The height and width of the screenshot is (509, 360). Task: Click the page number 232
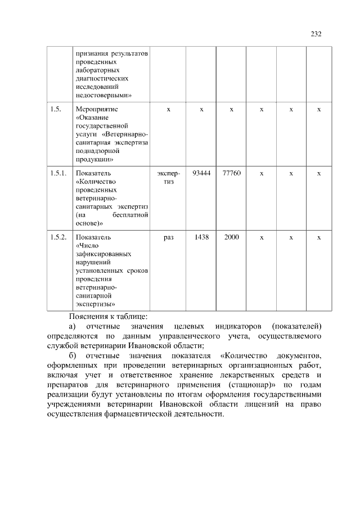tap(316, 34)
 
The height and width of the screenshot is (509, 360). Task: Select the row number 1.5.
tap(55, 109)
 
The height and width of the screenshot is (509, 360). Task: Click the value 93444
tap(201, 173)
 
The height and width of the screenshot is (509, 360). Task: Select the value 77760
tap(231, 173)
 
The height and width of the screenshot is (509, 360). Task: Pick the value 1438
tap(201, 237)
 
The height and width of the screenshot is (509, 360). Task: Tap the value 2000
tap(231, 237)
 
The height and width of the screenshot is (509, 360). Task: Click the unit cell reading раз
tap(168, 237)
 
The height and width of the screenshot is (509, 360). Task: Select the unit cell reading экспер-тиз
tap(168, 178)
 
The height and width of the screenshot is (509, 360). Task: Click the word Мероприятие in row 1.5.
tap(96, 109)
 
